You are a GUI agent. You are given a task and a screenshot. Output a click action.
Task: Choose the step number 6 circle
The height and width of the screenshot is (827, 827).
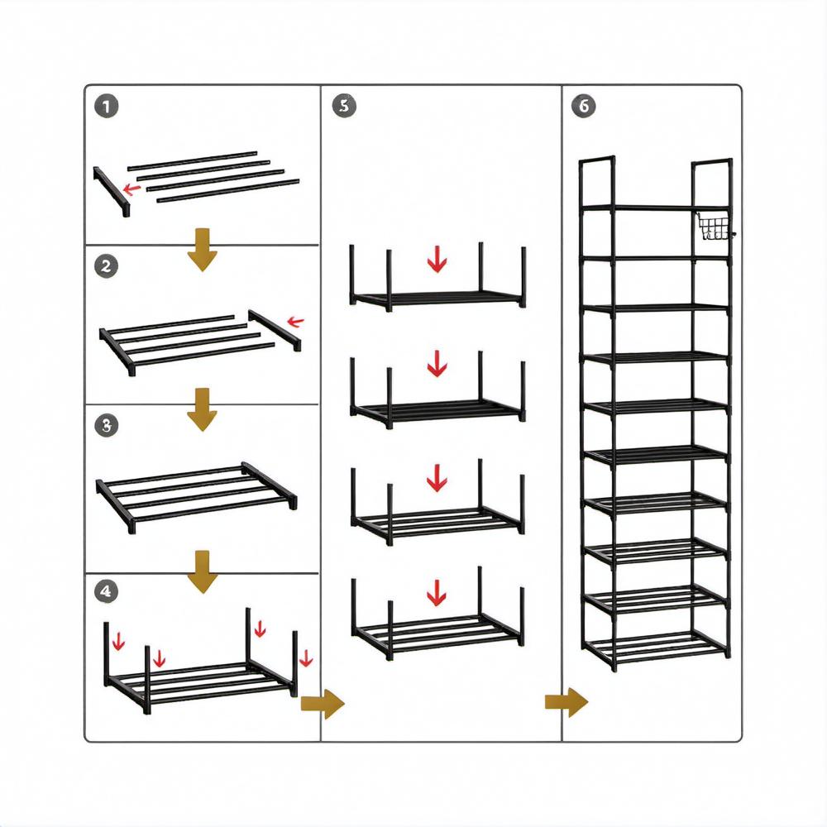(x=582, y=106)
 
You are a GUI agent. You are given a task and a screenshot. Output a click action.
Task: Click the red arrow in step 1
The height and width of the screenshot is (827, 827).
(x=130, y=189)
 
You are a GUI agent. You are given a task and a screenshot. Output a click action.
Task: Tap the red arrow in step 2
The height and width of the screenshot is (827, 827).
(x=294, y=322)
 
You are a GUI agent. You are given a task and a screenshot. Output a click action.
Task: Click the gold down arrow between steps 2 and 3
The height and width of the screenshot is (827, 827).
(x=201, y=413)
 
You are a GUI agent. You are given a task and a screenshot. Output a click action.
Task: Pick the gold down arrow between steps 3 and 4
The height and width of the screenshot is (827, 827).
(x=201, y=576)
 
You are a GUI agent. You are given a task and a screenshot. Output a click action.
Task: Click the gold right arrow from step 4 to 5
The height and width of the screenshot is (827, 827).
(x=321, y=705)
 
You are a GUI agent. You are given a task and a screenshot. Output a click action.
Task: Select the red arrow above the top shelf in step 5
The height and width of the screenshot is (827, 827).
(x=437, y=260)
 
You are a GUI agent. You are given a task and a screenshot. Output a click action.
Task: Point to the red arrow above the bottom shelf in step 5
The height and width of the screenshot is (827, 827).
(x=437, y=591)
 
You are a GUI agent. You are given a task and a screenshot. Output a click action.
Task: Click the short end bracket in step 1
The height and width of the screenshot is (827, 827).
(x=111, y=189)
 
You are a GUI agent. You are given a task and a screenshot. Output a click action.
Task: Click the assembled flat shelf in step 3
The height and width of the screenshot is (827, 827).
(x=197, y=494)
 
